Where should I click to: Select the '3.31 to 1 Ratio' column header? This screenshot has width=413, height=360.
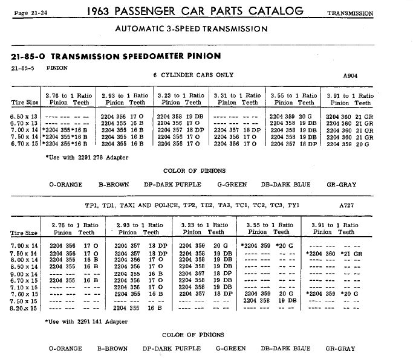click(x=237, y=95)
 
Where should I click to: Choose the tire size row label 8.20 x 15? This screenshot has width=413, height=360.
click(x=24, y=308)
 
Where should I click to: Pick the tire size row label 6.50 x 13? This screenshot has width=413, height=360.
click(x=24, y=115)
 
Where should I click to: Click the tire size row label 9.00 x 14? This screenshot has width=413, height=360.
click(x=24, y=273)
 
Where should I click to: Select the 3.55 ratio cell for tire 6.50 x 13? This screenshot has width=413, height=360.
click(x=293, y=115)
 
